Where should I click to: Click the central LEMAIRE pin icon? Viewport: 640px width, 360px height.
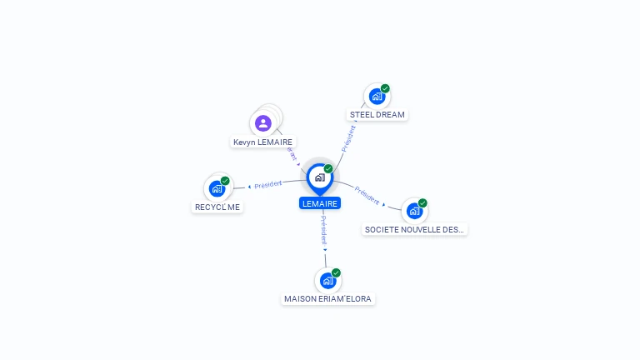320,178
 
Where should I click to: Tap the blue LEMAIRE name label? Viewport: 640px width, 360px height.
320,203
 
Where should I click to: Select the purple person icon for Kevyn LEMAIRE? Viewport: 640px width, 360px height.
263,123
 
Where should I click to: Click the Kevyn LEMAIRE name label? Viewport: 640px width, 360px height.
262,142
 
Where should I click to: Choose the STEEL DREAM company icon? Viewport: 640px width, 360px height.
377,97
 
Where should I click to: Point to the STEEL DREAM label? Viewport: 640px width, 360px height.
377,115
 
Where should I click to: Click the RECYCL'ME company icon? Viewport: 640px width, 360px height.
217,189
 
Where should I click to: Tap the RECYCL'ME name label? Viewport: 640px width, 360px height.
217,207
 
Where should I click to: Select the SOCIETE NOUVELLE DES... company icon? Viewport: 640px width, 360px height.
415,211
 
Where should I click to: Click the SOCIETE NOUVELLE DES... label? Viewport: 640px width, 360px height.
414,229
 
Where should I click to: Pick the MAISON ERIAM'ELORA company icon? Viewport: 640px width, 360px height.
327,281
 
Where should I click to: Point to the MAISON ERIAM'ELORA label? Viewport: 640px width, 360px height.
327,299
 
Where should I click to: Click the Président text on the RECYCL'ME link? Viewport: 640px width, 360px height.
268,184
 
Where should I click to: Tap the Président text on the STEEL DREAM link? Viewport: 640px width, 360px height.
348,139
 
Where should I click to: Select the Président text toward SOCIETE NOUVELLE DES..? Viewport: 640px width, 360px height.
367,195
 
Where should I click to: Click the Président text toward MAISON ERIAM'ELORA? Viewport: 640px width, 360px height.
323,230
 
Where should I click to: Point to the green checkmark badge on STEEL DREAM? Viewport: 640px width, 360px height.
385,88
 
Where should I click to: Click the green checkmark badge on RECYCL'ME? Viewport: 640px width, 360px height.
225,181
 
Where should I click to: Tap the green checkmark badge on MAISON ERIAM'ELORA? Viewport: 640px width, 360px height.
336,272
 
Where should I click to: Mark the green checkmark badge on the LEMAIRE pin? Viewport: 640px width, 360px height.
328,168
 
